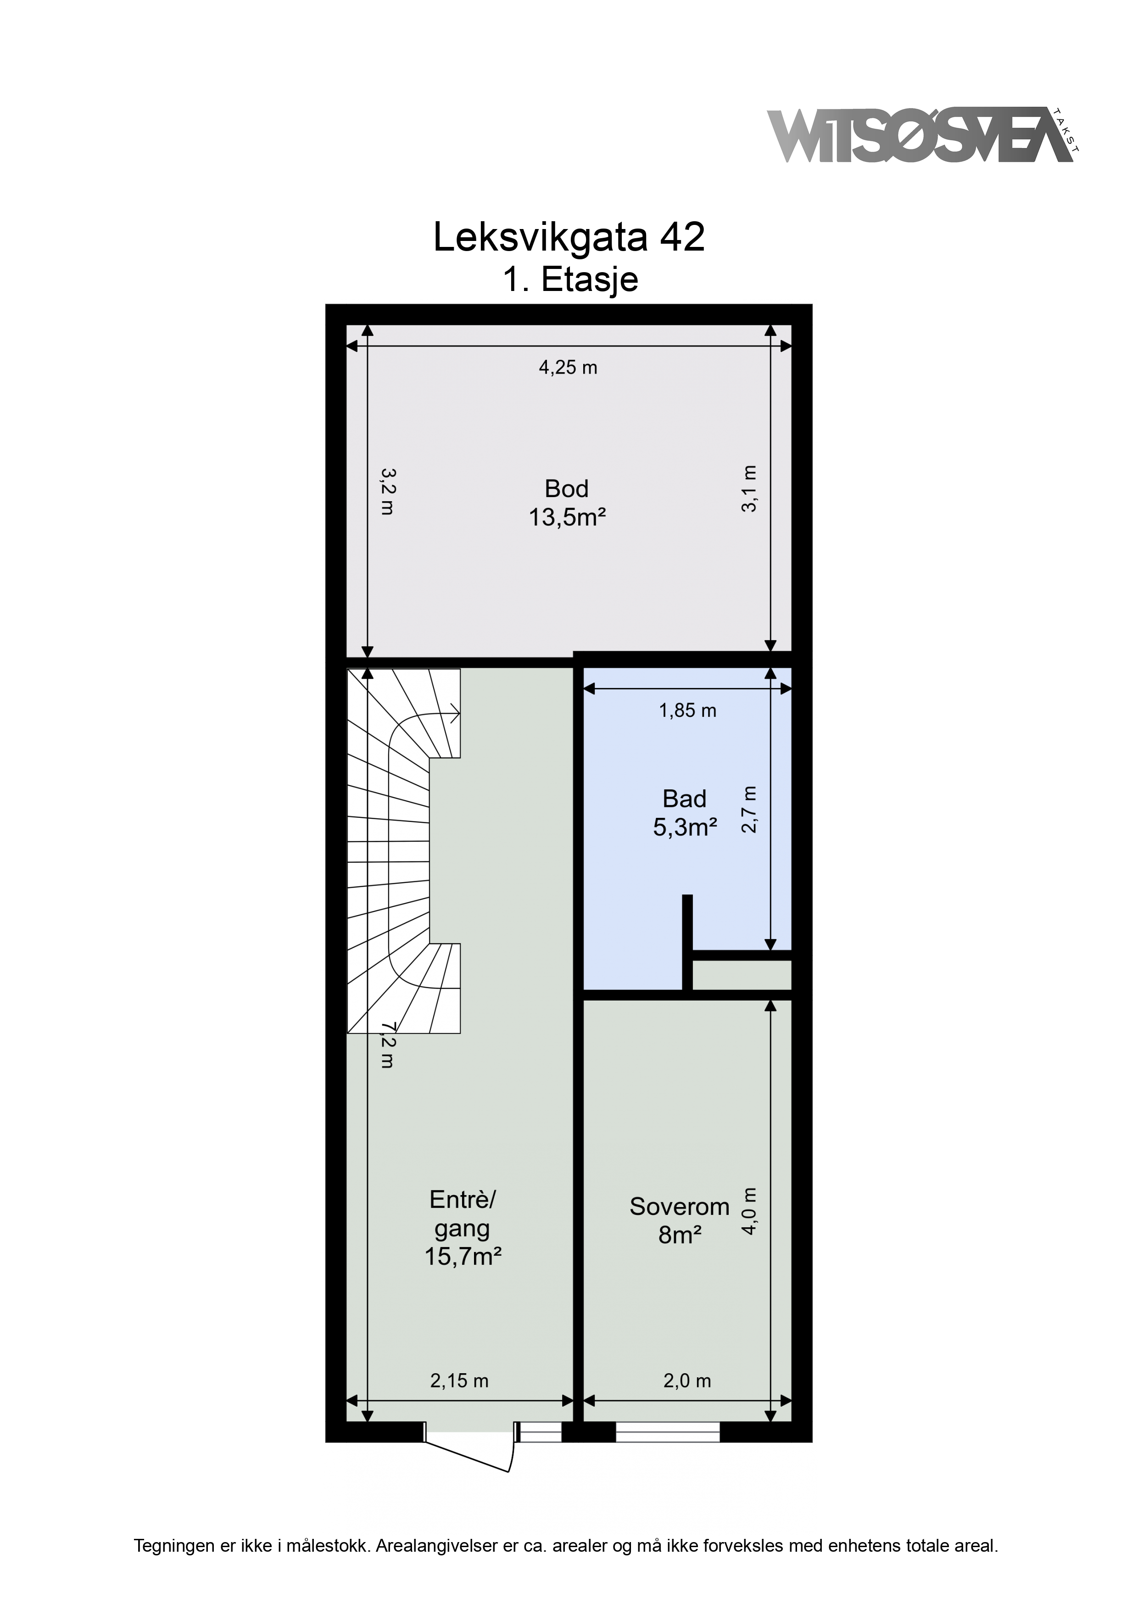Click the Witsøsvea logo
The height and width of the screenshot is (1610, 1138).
(922, 135)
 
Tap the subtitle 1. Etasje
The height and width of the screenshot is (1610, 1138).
(570, 279)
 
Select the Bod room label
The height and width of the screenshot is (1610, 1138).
(567, 502)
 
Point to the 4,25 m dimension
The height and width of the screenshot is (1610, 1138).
(568, 368)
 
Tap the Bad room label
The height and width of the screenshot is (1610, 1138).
(685, 813)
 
